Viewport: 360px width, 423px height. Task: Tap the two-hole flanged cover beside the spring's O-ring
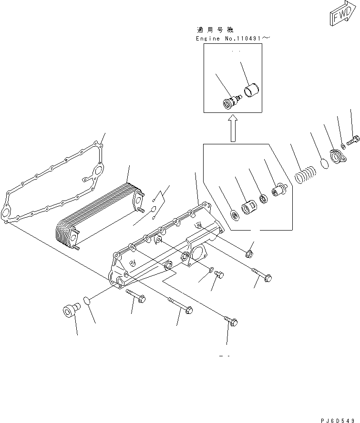337,157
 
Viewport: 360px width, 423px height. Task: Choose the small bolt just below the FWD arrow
353,141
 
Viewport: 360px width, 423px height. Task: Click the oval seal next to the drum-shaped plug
86,301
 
